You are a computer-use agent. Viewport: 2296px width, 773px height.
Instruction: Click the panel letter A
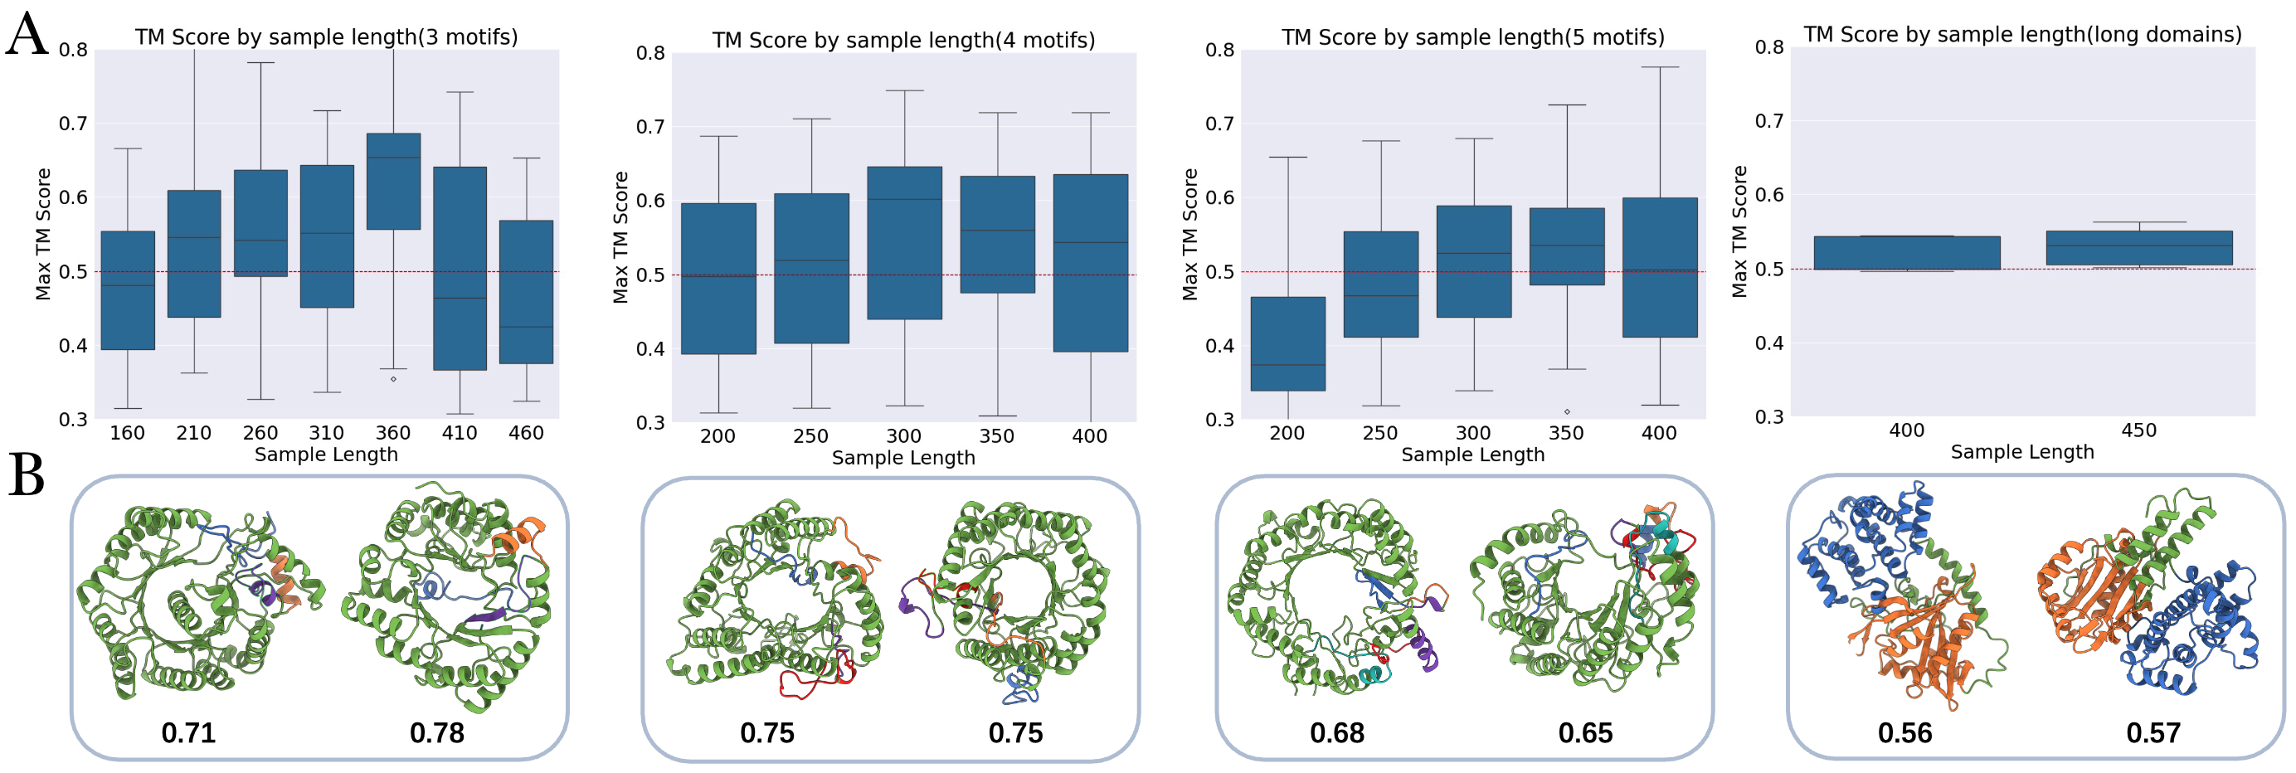click(x=27, y=36)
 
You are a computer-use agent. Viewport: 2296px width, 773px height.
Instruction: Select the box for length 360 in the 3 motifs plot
click(x=393, y=182)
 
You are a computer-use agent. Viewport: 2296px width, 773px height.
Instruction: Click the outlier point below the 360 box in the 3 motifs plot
click(x=393, y=379)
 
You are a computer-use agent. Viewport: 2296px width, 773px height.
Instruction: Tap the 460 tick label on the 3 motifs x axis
click(x=526, y=433)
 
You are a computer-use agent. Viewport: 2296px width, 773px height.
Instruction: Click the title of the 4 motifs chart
click(x=903, y=40)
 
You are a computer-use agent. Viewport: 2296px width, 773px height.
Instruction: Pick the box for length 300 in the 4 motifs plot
click(x=905, y=242)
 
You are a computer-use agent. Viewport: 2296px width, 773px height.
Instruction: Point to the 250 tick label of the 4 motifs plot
click(x=810, y=436)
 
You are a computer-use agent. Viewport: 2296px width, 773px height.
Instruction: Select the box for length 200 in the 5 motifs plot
click(x=1288, y=343)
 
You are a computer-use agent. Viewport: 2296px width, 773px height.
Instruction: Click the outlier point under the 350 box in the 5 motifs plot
click(x=1567, y=412)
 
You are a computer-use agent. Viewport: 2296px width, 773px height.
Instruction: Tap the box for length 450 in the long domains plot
click(x=2139, y=248)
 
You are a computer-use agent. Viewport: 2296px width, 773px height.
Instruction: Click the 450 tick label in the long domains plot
click(x=2139, y=430)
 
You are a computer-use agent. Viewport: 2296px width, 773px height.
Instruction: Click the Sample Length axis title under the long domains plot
click(x=2021, y=452)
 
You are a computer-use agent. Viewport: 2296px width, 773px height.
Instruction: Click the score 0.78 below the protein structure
click(x=437, y=733)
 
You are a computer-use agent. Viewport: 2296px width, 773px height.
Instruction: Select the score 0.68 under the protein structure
click(x=1337, y=733)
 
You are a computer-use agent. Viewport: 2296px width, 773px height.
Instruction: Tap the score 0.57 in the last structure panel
click(x=2153, y=733)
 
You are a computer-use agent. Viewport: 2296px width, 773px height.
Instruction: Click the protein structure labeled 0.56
click(x=1899, y=597)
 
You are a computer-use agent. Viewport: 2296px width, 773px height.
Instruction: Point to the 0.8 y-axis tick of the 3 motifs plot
click(x=74, y=50)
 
